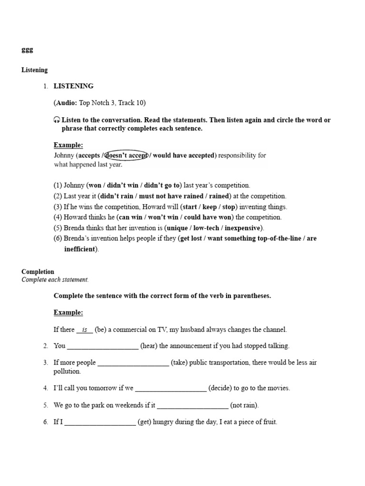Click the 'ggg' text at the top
pos(27,50)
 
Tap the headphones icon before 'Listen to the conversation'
pos(57,120)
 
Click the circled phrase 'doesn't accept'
pos(126,156)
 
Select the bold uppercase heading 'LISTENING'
pos(73,86)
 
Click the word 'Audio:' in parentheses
pos(67,103)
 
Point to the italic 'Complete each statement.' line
pos(55,280)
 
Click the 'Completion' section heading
pos(38,272)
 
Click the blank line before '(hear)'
pos(103,346)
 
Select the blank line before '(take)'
pos(133,363)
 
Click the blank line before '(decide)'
pos(171,388)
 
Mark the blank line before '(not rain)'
pos(192,405)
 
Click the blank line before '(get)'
pos(100,422)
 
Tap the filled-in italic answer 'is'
pos(85,329)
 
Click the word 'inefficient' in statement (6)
pos(80,249)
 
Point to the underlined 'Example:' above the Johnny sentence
pos(68,145)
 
